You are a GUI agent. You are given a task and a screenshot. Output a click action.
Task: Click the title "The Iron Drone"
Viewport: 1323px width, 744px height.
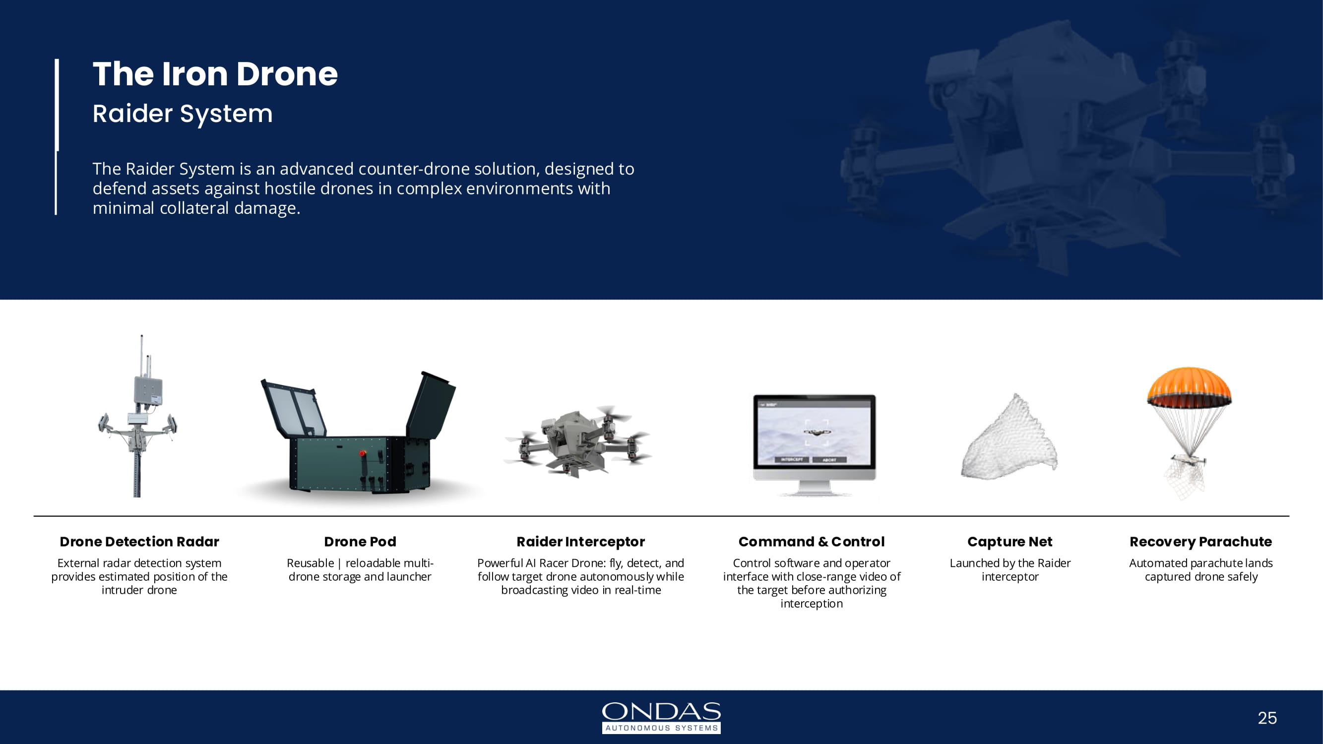(x=215, y=74)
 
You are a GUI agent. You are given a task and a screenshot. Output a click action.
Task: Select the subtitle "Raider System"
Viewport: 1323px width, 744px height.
(x=183, y=114)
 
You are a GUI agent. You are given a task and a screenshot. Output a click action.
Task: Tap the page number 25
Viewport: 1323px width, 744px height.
(x=1267, y=718)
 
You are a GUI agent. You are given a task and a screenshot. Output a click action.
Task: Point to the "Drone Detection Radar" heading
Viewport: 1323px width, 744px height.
(x=139, y=542)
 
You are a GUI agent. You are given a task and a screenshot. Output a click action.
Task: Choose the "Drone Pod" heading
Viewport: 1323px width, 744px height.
(x=360, y=542)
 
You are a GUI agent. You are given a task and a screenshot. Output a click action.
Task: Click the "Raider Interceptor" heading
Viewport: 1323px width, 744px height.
(x=580, y=542)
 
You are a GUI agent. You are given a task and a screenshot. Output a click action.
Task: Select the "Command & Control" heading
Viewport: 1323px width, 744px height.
(x=812, y=542)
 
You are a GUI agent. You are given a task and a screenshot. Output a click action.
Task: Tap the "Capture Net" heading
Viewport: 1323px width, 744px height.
(x=1009, y=542)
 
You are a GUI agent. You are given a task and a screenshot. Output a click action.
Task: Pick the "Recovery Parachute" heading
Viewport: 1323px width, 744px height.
(x=1201, y=542)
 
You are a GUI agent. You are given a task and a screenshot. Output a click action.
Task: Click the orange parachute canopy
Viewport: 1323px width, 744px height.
(x=1189, y=385)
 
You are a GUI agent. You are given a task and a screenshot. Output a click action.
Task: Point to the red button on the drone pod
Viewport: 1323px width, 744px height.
(x=362, y=453)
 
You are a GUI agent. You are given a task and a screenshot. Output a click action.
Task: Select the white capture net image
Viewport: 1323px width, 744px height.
(x=1009, y=439)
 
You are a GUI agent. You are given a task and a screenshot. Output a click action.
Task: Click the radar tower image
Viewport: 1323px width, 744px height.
(x=137, y=416)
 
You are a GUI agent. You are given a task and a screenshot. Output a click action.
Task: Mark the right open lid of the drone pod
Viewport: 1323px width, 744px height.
(x=431, y=405)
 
